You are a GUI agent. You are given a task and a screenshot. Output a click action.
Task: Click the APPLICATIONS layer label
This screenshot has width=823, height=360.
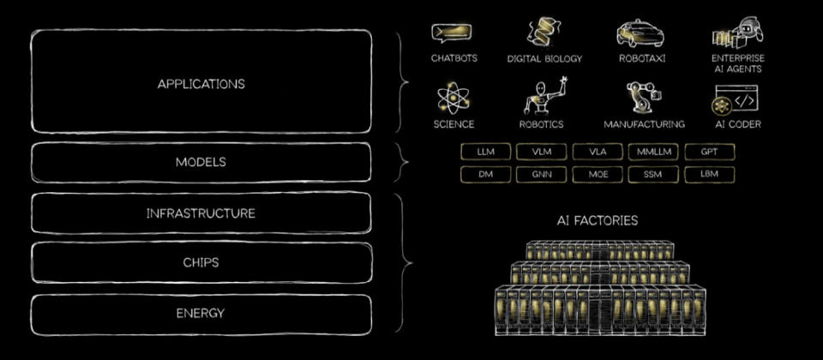201,84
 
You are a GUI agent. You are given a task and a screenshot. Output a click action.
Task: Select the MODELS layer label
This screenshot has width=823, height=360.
201,162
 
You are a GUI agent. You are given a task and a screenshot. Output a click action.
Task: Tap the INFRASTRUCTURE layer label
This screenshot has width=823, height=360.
201,213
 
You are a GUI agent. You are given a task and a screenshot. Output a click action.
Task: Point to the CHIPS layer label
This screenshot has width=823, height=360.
201,262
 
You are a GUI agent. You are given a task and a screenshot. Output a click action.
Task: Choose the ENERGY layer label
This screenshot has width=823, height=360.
201,313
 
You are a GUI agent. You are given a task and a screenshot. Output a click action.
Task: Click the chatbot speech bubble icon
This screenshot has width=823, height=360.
453,33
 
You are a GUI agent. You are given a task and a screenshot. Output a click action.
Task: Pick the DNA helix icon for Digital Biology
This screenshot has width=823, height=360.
544,33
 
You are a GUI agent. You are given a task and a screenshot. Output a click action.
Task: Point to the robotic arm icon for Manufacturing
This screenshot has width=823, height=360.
643,98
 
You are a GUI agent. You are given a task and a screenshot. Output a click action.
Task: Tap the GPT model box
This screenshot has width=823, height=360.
709,152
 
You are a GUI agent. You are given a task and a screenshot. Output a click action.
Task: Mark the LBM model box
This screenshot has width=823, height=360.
709,175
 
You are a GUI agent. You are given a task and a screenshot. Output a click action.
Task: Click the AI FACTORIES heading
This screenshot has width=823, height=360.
598,221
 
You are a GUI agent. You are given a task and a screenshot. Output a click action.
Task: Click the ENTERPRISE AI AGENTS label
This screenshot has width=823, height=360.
737,63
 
